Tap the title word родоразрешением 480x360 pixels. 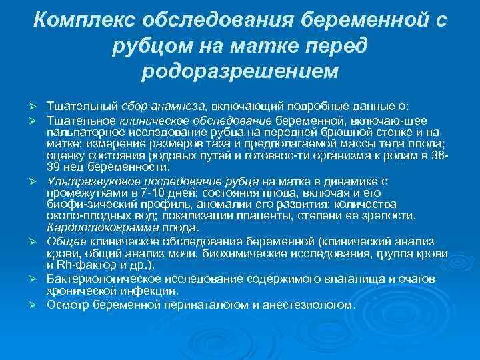click(x=240, y=69)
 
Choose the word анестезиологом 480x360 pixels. click(x=311, y=304)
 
